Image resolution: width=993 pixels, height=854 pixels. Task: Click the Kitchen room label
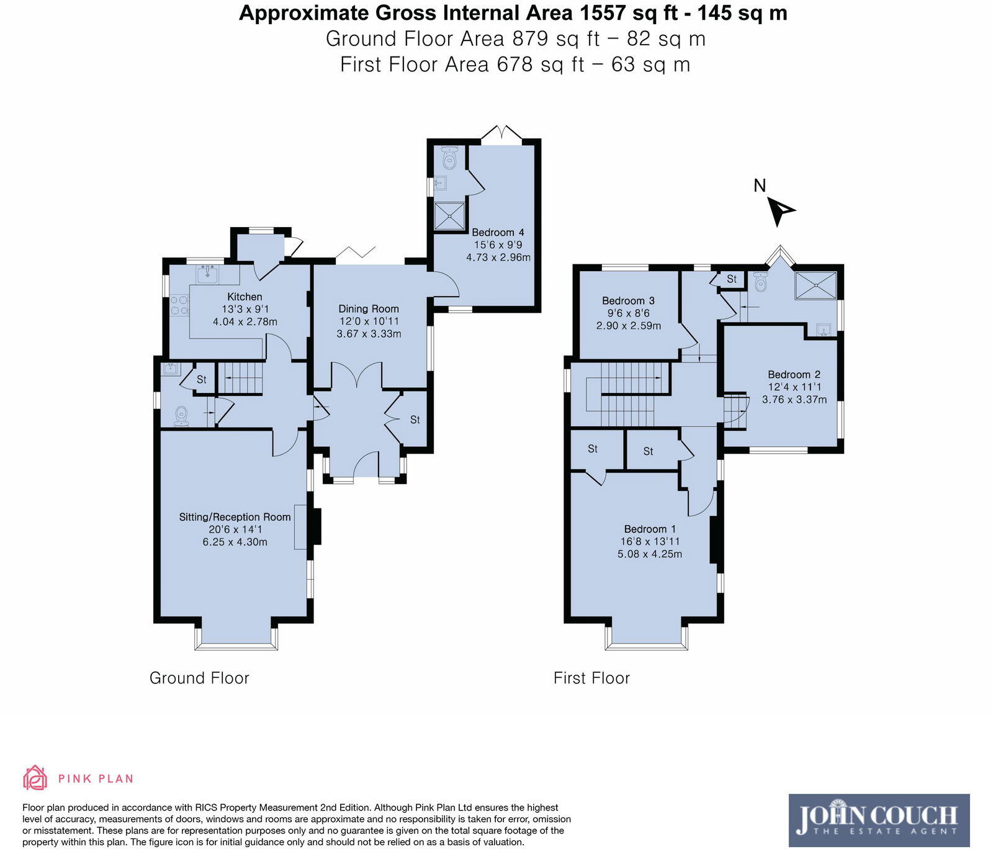(x=245, y=297)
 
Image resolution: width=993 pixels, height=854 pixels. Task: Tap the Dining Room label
(x=369, y=308)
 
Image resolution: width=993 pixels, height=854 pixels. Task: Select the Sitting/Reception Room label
(x=235, y=517)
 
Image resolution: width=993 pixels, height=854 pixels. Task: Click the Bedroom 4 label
(x=498, y=232)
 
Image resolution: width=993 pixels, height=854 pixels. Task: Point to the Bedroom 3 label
(x=628, y=300)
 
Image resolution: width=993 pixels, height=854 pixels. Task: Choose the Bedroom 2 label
(x=794, y=374)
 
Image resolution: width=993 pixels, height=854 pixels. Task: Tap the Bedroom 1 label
(x=650, y=529)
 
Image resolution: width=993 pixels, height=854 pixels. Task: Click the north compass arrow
(x=780, y=210)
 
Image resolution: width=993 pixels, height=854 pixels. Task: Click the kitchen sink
(x=207, y=274)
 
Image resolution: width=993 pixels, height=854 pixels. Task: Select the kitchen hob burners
(x=179, y=305)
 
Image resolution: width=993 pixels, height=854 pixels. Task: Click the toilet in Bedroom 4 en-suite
(x=449, y=158)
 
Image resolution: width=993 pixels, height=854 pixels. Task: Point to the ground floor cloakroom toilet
(x=181, y=416)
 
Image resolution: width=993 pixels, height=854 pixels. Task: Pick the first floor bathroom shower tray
(x=815, y=285)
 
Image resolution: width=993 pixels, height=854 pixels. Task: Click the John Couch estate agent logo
(x=879, y=820)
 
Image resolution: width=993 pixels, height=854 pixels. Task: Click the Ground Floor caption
(x=199, y=678)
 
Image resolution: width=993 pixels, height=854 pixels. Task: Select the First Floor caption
(x=591, y=678)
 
